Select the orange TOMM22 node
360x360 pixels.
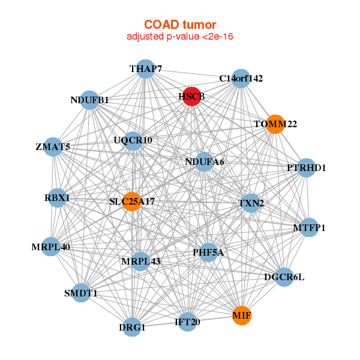coord(275,124)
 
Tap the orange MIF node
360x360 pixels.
coord(241,315)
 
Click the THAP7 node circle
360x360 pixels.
coord(145,69)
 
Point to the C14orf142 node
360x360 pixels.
coord(241,79)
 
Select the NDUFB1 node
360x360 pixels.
coord(89,100)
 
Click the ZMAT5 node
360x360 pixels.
coord(53,147)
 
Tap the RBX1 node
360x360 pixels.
coord(57,197)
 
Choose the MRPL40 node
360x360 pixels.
coord(50,247)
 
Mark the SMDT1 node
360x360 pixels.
coord(81,293)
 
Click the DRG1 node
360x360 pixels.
coord(132,328)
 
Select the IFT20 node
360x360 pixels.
coord(187,322)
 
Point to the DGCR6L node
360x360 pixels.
coord(284,277)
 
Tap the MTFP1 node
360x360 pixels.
coord(309,227)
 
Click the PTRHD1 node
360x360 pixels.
coord(306,168)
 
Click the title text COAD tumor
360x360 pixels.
coord(179,25)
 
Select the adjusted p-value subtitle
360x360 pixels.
coord(179,37)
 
